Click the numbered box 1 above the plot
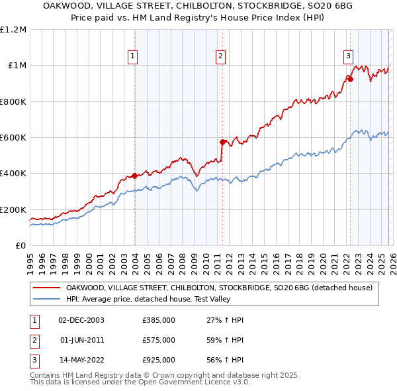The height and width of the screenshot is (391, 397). [x=133, y=56]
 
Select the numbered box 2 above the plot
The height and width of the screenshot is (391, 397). [x=220, y=56]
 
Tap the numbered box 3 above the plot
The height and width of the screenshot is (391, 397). [x=348, y=56]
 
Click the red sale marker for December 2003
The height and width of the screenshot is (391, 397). [x=134, y=176]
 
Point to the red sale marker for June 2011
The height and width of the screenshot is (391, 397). [x=222, y=142]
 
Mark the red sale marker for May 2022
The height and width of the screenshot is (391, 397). [x=350, y=79]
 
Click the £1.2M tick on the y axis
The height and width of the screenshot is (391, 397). [x=13, y=30]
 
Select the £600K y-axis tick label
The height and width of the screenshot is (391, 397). [x=13, y=138]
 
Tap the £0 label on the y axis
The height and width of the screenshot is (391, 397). [x=21, y=246]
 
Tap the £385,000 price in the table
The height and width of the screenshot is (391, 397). [x=159, y=320]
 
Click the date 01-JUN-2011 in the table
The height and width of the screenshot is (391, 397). [x=81, y=340]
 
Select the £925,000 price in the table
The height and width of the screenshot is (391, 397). [x=159, y=360]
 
